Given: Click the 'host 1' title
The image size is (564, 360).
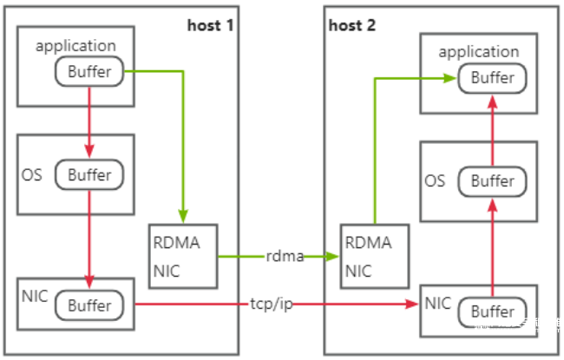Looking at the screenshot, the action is tap(211, 25).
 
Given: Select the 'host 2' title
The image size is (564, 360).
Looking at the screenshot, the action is tap(352, 25).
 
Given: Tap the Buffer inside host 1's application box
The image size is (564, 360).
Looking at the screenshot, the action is tap(89, 71).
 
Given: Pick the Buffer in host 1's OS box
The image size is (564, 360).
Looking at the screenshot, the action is tap(89, 174).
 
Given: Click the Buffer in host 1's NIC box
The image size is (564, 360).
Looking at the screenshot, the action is tap(89, 305).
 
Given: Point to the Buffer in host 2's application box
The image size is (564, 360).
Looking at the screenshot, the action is tap(493, 78).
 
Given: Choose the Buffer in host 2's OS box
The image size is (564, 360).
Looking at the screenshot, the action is tap(493, 181).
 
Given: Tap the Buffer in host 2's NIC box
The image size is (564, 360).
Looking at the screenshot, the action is tap(493, 311).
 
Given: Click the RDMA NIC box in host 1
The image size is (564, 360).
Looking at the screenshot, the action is tap(183, 257).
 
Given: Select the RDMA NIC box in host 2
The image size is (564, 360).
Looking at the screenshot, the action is tap(375, 257).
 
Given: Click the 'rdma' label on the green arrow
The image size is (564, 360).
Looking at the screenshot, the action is tap(285, 257).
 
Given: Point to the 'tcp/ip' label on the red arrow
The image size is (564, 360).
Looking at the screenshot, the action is tap(272, 304).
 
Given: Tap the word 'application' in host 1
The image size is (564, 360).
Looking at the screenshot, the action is tap(75, 46).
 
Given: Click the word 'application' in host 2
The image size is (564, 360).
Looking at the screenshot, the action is tap(479, 52).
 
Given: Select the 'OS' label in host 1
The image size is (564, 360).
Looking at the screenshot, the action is tap(31, 175).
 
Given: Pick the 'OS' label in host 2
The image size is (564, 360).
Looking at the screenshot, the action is tap(435, 181).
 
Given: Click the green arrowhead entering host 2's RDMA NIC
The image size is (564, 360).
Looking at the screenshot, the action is tap(331, 257).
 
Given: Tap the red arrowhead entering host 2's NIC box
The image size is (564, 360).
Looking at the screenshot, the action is tap(411, 304).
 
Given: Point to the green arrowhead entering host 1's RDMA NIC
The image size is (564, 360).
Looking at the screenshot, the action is tap(183, 217).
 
